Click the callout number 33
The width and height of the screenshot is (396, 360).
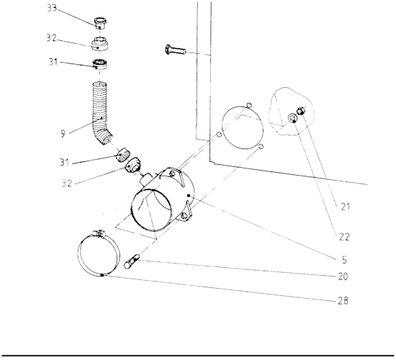click(52, 8)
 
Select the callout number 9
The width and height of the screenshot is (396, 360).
click(63, 133)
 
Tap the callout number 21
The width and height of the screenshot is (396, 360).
click(345, 207)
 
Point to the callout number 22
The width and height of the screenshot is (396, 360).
click(344, 237)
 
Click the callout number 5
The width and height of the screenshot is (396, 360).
click(344, 260)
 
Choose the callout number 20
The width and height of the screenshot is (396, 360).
click(343, 276)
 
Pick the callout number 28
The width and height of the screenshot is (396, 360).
click(343, 301)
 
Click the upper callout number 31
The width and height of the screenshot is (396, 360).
click(53, 62)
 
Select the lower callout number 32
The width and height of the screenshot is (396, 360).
click(67, 183)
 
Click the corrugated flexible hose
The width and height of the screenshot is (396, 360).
click(100, 111)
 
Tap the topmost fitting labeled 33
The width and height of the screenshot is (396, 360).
click(100, 23)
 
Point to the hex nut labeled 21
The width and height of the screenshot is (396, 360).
click(301, 111)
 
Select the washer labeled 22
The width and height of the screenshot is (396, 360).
click(292, 118)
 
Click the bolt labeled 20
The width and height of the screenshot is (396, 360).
click(132, 261)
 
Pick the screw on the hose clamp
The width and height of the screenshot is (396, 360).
click(99, 234)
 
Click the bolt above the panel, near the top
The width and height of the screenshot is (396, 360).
click(175, 50)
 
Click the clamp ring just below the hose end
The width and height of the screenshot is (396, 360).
click(122, 155)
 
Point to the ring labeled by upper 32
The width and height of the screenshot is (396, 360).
click(100, 44)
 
